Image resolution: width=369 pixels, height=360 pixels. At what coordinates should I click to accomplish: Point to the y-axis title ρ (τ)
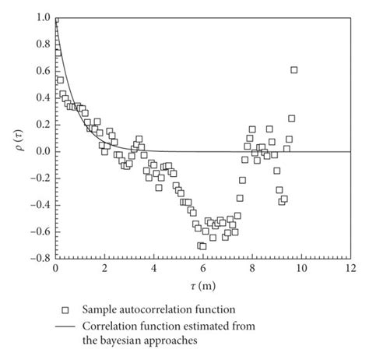[x=16, y=137]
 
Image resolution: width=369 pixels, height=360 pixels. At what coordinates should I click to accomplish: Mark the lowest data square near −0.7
[x=202, y=246]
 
